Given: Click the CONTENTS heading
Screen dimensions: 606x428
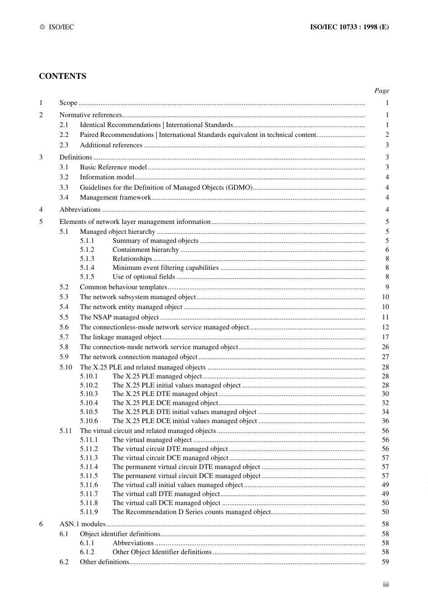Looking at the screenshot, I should coord(62,76).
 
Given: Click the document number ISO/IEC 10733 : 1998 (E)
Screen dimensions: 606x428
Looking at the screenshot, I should coord(349,27).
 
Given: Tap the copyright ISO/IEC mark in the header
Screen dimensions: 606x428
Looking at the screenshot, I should coord(57,27).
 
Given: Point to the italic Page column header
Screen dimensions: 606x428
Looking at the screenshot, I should coord(382,91).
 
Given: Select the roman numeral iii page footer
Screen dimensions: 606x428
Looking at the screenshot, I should coord(386,584).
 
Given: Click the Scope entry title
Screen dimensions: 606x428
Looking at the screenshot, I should coord(68,103).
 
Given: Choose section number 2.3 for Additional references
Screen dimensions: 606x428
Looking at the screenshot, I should coord(64,145).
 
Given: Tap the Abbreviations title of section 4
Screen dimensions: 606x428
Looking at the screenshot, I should coord(80,210).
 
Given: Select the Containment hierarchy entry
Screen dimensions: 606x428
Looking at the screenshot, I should coord(146,250).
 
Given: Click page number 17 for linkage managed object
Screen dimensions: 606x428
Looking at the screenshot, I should coord(385,337).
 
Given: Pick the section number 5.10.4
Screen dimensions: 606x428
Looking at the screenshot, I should coord(89,403).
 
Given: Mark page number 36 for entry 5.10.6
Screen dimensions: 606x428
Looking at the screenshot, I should coord(385,421).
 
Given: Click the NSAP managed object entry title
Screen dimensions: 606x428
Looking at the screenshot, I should coord(119,317).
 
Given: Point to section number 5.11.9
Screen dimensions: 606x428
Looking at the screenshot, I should coord(89,512).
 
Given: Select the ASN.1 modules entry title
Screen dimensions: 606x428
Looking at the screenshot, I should coord(82,524).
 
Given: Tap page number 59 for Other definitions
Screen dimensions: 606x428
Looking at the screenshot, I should coord(385,562).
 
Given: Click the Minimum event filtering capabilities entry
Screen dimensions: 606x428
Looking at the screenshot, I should coord(165,268).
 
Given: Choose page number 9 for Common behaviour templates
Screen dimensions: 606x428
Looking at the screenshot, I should coord(387,287).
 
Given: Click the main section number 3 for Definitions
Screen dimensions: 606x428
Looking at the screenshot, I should coord(41,157).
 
